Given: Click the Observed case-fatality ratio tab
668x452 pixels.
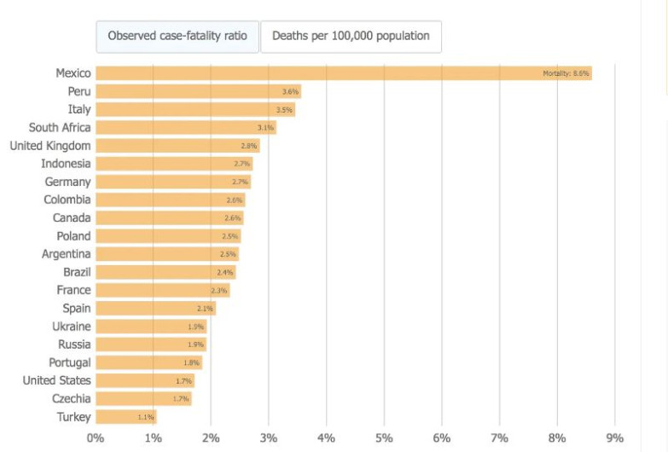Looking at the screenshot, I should pos(177,37).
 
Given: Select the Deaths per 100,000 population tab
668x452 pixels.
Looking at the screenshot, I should pos(351,37).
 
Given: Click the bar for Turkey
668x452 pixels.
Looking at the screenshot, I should pos(125,417).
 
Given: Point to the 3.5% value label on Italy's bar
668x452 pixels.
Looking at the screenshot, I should pos(285,110).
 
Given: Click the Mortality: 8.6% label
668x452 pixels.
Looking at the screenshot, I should pos(566,73).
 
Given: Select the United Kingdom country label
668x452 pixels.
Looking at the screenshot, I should pos(50,146).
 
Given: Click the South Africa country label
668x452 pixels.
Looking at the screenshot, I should pos(60,128).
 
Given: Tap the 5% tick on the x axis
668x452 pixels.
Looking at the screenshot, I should pos(384,438).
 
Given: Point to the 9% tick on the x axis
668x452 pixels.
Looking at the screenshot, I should pos(614,438).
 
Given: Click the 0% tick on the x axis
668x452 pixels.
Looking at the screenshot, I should pos(96,438).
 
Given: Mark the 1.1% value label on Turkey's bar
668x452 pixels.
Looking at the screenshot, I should pos(146,418).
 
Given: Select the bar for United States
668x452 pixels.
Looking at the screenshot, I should pos(144,381).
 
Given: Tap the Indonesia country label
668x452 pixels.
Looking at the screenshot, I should pos(66,164).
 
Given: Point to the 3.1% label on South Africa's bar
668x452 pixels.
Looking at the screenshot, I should pos(266,128).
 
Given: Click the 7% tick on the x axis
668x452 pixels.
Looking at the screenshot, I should pos(499,438).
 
